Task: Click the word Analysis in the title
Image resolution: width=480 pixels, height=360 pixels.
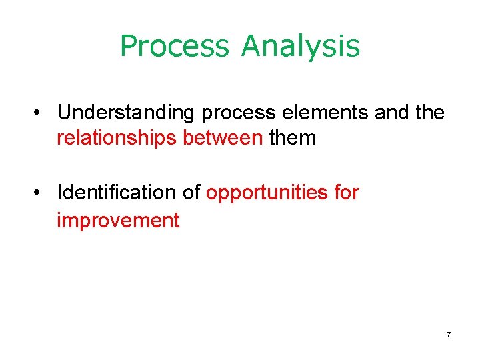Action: click(x=301, y=47)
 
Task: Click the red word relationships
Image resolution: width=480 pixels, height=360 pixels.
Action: click(x=107, y=139)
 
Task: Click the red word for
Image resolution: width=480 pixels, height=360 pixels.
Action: click(x=345, y=193)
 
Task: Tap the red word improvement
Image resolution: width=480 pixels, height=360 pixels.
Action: click(x=118, y=220)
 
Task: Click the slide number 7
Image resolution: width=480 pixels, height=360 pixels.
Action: click(x=449, y=334)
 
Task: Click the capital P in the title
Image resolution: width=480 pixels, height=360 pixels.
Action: click(x=129, y=47)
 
